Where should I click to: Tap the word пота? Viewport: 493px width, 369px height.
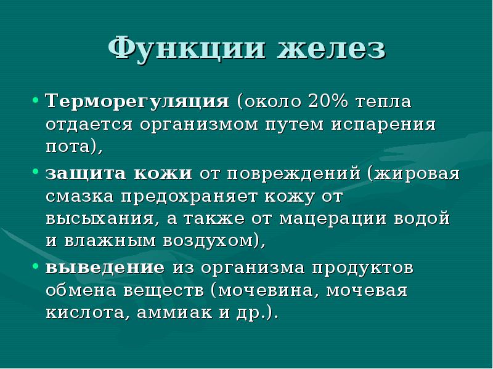pyautogui.click(x=70, y=146)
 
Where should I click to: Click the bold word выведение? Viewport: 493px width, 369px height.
pyautogui.click(x=105, y=268)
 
